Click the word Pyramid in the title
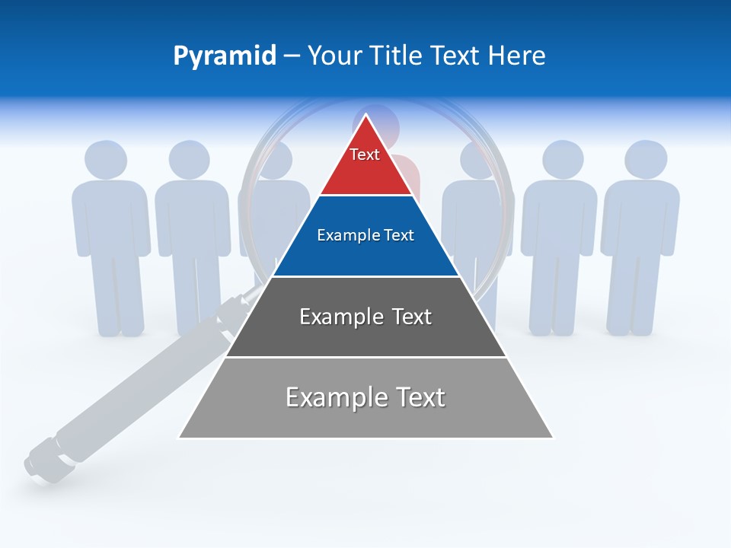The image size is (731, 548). [225, 56]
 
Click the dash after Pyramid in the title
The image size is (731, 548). [292, 56]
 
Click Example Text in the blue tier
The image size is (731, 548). [365, 235]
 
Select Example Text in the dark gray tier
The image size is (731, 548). [365, 317]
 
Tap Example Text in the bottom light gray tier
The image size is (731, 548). [365, 397]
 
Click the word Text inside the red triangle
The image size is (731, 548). [365, 155]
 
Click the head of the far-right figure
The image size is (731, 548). [646, 160]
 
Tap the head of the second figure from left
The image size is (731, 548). [190, 160]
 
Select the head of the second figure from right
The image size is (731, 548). [563, 160]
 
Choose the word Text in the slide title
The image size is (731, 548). [456, 56]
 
